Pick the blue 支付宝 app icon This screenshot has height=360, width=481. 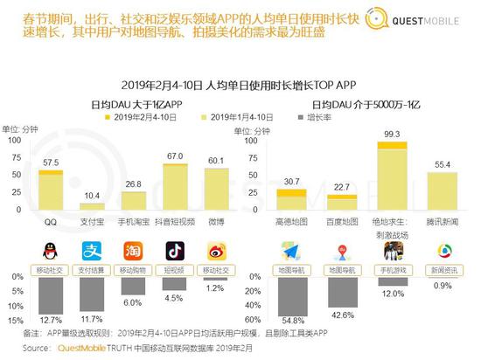(92, 251)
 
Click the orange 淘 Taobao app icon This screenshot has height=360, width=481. (132, 251)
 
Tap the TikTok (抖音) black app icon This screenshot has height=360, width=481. (172, 251)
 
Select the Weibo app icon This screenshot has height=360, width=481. (213, 251)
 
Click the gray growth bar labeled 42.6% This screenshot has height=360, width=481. (339, 294)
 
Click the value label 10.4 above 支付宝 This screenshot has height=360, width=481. (91, 193)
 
